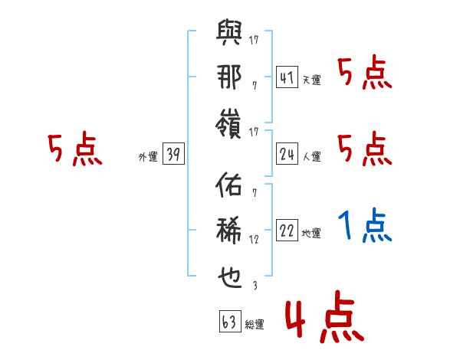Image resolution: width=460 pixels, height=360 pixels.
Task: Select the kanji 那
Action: pos(229,77)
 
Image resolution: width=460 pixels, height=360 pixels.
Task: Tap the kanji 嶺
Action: pos(229,123)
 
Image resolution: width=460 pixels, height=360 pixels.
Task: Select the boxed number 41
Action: pos(287,78)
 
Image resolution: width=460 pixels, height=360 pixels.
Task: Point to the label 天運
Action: pos(311,80)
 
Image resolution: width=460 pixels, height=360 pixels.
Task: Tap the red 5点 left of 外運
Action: pos(75,149)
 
